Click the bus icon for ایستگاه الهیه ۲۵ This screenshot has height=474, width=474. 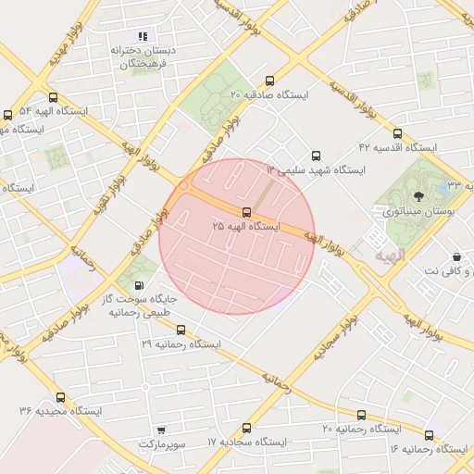pos(245,212)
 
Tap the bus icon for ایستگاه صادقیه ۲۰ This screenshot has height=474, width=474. pos(269,81)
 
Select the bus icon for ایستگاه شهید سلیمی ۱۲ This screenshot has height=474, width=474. pos(317,156)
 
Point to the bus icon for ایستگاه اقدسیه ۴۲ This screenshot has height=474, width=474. pos(398,133)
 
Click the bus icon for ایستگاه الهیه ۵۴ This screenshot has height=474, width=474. pos(53,96)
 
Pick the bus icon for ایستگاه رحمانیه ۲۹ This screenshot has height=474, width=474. pos(181,330)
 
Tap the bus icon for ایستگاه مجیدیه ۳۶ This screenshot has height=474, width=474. pos(60,397)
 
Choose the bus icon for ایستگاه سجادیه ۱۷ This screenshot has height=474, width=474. pos(246,429)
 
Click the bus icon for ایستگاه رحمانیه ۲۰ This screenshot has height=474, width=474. pos(361,415)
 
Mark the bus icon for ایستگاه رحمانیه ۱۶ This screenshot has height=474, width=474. pos(429,435)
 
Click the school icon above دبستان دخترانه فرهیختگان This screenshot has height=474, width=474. pos(143,36)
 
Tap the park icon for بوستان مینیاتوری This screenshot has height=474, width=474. pos(419,195)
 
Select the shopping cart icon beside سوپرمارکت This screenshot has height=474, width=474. pos(162,430)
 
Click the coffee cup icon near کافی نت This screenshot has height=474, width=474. pos(456,256)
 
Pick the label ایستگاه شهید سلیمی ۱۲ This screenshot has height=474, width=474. pos(316,170)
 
